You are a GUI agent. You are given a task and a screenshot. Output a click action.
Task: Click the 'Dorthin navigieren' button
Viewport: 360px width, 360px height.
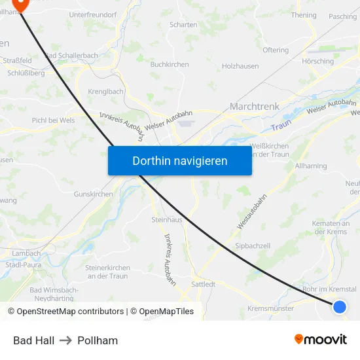tap(180, 160)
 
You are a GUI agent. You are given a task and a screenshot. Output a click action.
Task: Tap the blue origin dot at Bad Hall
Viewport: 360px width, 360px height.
tap(339, 306)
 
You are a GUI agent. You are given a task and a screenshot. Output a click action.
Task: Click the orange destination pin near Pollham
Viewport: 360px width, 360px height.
tap(20, 4)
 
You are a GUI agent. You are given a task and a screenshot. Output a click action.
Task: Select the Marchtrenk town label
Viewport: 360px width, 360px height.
tap(255, 106)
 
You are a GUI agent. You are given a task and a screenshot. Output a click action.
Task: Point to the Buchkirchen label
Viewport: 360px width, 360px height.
tap(170, 64)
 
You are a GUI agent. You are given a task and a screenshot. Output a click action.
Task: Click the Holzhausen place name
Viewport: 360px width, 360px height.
tap(240, 66)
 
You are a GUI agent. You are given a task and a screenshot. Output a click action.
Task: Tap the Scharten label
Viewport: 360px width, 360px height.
tap(183, 25)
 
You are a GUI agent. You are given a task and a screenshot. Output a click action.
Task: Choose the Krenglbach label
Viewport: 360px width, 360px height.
tap(106, 92)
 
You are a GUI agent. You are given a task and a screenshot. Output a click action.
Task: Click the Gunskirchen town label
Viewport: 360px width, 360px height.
tap(94, 194)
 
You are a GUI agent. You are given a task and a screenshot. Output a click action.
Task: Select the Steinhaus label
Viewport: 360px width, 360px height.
tap(166, 219)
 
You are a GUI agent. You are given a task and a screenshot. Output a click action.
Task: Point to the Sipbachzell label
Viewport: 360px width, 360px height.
tap(253, 245)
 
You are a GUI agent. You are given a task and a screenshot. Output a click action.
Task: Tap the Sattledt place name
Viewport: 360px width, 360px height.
tap(203, 284)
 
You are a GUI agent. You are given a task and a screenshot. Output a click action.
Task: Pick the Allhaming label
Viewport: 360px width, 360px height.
tap(311, 166)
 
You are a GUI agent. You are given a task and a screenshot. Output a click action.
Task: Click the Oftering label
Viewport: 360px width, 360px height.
tap(275, 50)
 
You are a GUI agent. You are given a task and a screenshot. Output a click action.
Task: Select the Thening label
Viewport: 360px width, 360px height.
tap(304, 15)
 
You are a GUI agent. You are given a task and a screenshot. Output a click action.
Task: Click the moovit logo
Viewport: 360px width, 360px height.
tap(321, 339)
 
